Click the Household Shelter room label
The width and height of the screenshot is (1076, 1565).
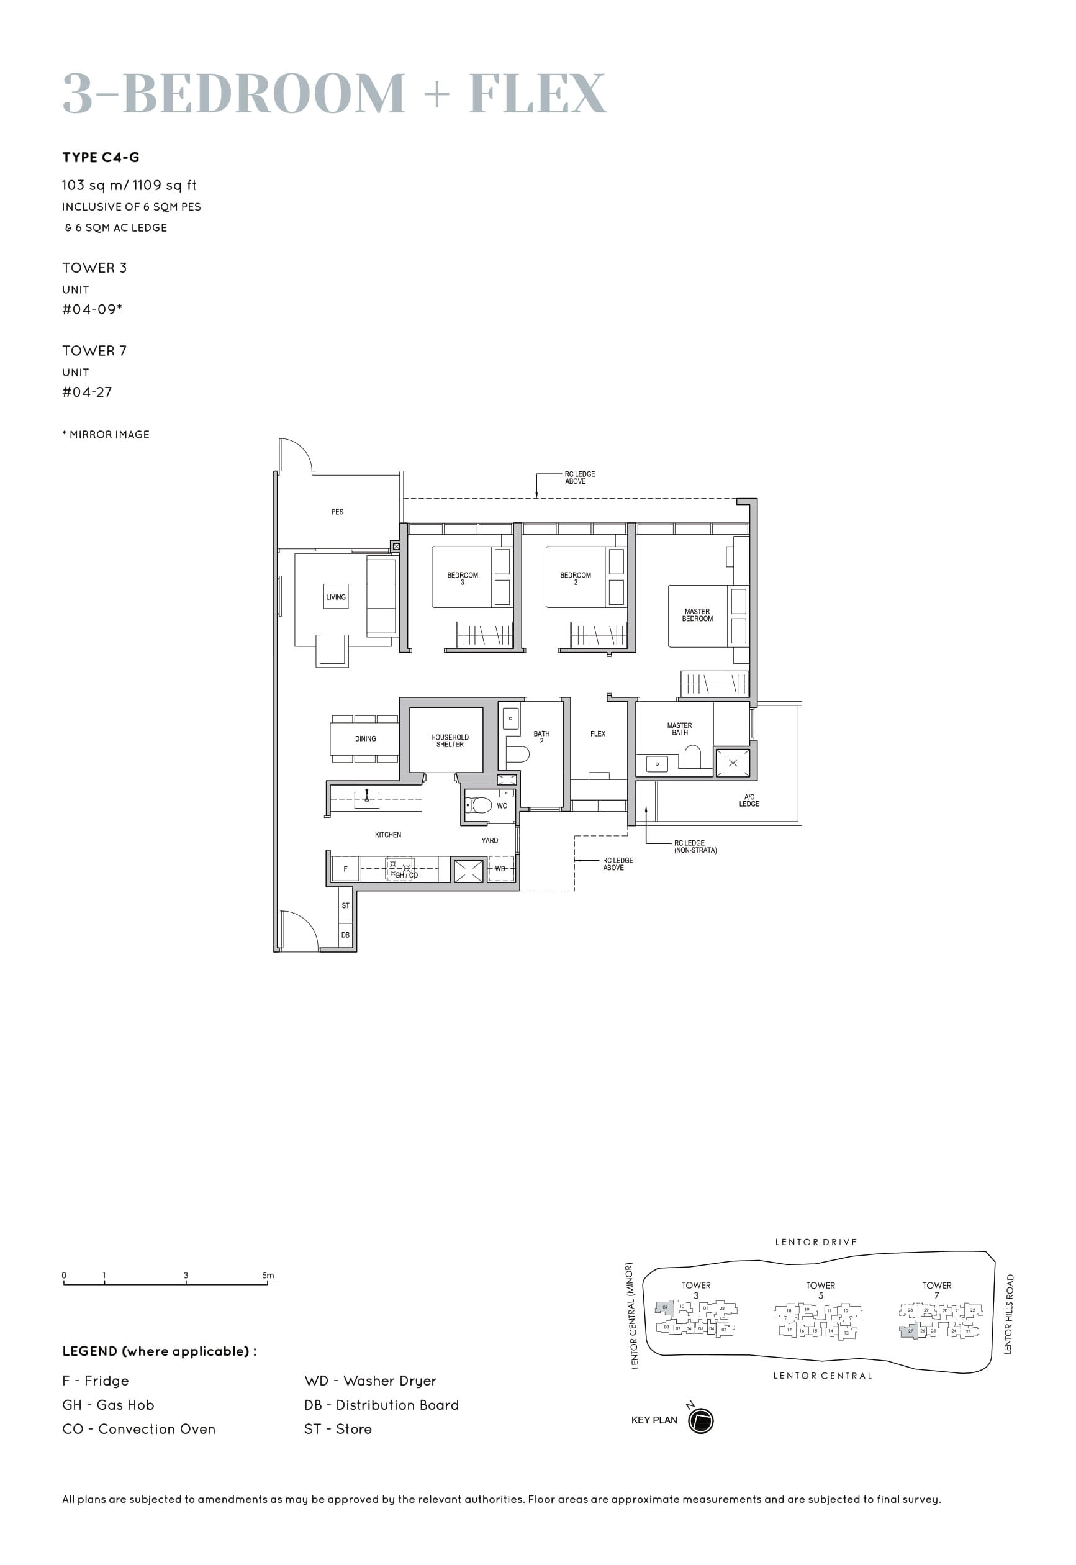tap(450, 740)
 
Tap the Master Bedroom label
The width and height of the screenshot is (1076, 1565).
tap(697, 615)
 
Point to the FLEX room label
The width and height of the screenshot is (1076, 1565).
tap(598, 733)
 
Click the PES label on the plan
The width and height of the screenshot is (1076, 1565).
tap(337, 512)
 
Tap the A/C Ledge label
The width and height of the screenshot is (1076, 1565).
tap(749, 801)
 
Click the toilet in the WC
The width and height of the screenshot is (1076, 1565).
tap(480, 805)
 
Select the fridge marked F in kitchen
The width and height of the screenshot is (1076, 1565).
tap(346, 869)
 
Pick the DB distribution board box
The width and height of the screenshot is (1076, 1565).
tap(345, 935)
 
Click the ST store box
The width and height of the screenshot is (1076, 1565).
tap(345, 905)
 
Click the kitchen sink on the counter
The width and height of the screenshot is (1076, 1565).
tap(367, 799)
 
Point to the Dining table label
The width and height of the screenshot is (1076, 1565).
tap(366, 739)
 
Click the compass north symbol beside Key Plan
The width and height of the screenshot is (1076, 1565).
tap(700, 1421)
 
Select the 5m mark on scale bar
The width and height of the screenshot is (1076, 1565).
tap(268, 1276)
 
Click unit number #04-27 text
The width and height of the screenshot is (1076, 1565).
tap(87, 392)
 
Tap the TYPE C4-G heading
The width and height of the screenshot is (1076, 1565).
tap(101, 158)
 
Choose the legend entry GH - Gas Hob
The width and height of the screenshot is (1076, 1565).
tap(108, 1405)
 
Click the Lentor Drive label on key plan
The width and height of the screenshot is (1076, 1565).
tap(816, 1242)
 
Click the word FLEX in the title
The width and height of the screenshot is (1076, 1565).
tap(537, 94)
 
